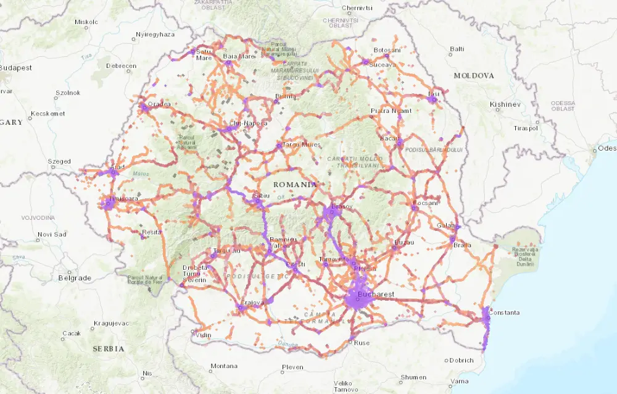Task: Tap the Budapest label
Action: pyautogui.click(x=15, y=68)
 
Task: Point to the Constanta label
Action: pyautogui.click(x=505, y=312)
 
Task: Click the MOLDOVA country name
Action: pyautogui.click(x=474, y=75)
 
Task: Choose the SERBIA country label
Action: pyautogui.click(x=108, y=349)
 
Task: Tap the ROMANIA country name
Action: pyautogui.click(x=295, y=185)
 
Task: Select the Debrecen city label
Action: pyautogui.click(x=121, y=65)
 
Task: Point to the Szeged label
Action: pyautogui.click(x=59, y=162)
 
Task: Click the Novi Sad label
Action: pyautogui.click(x=51, y=234)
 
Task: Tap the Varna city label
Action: pyautogui.click(x=459, y=381)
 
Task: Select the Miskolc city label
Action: pyautogui.click(x=86, y=22)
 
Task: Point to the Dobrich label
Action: pyautogui.click(x=462, y=360)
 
